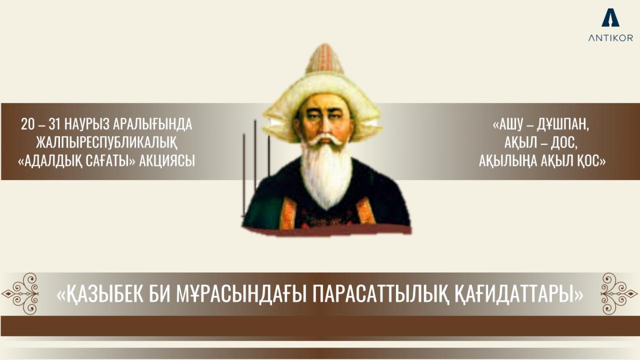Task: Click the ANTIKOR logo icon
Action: [x=610, y=18]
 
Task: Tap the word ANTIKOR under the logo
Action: [x=610, y=38]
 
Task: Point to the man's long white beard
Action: [x=325, y=175]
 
